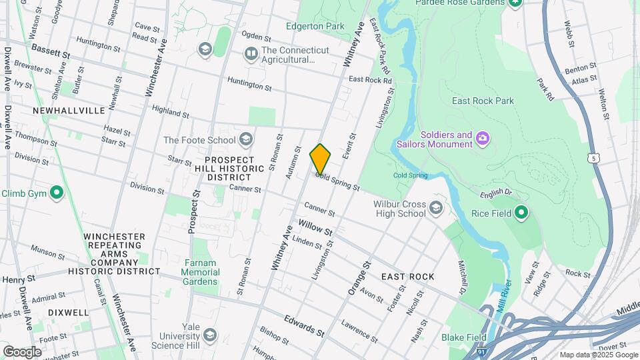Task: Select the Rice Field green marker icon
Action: tap(521, 213)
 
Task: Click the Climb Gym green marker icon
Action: tap(57, 193)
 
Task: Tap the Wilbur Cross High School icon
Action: tap(436, 207)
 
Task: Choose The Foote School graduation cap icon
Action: tap(246, 139)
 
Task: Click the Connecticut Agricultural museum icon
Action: tap(251, 53)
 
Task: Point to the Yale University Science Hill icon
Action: tap(210, 335)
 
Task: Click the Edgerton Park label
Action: tap(315, 26)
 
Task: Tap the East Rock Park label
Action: tap(483, 101)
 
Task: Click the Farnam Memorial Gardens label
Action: tap(200, 272)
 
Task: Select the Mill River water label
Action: tap(501, 290)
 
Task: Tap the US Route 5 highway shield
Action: tap(593, 158)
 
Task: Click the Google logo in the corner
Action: tap(22, 351)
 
